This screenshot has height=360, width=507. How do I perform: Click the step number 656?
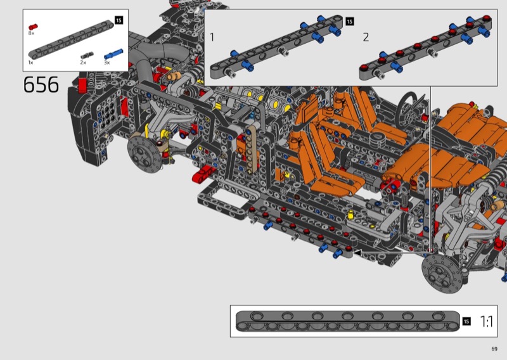[x=41, y=85]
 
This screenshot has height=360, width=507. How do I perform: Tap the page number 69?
[x=494, y=349]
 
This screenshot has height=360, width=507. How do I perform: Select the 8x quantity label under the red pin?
[x=31, y=33]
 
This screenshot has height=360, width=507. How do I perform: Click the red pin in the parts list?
[x=33, y=27]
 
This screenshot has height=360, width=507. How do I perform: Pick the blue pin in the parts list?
[x=113, y=54]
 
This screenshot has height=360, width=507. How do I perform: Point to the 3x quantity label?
[x=107, y=62]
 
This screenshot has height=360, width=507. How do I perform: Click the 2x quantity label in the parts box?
[x=83, y=62]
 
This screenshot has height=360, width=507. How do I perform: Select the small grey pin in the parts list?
[x=87, y=55]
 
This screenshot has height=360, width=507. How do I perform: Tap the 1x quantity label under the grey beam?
[x=30, y=62]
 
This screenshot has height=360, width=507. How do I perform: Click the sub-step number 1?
[x=212, y=37]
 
